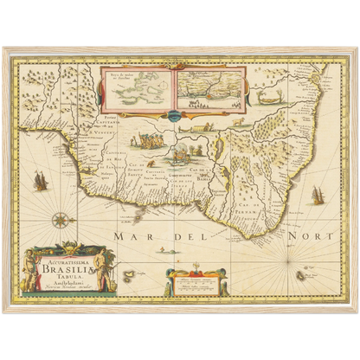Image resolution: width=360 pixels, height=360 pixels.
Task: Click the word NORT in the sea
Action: tap(264, 233)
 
